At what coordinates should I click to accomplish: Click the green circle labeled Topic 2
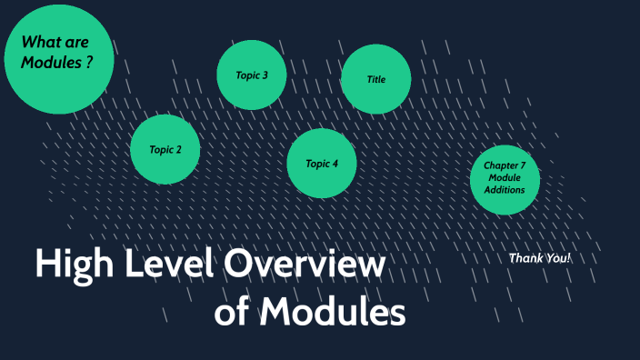(x=165, y=149)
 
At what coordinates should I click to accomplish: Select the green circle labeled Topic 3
(x=252, y=75)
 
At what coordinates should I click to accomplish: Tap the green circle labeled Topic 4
(x=322, y=164)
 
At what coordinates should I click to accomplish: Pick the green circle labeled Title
(x=375, y=79)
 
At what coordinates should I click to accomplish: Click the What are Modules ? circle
(x=60, y=58)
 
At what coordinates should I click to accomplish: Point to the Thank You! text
(x=540, y=258)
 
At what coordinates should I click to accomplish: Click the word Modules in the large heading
(x=332, y=314)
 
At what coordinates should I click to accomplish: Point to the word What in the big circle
(x=40, y=41)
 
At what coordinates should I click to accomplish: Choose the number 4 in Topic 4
(x=335, y=164)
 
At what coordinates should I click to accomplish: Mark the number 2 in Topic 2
(x=179, y=149)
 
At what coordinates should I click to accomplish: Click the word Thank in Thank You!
(x=525, y=258)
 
